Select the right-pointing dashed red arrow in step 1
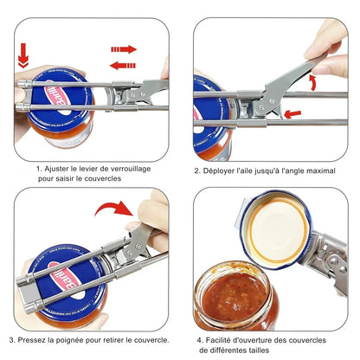click(124, 49)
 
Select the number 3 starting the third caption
click(12, 339)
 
